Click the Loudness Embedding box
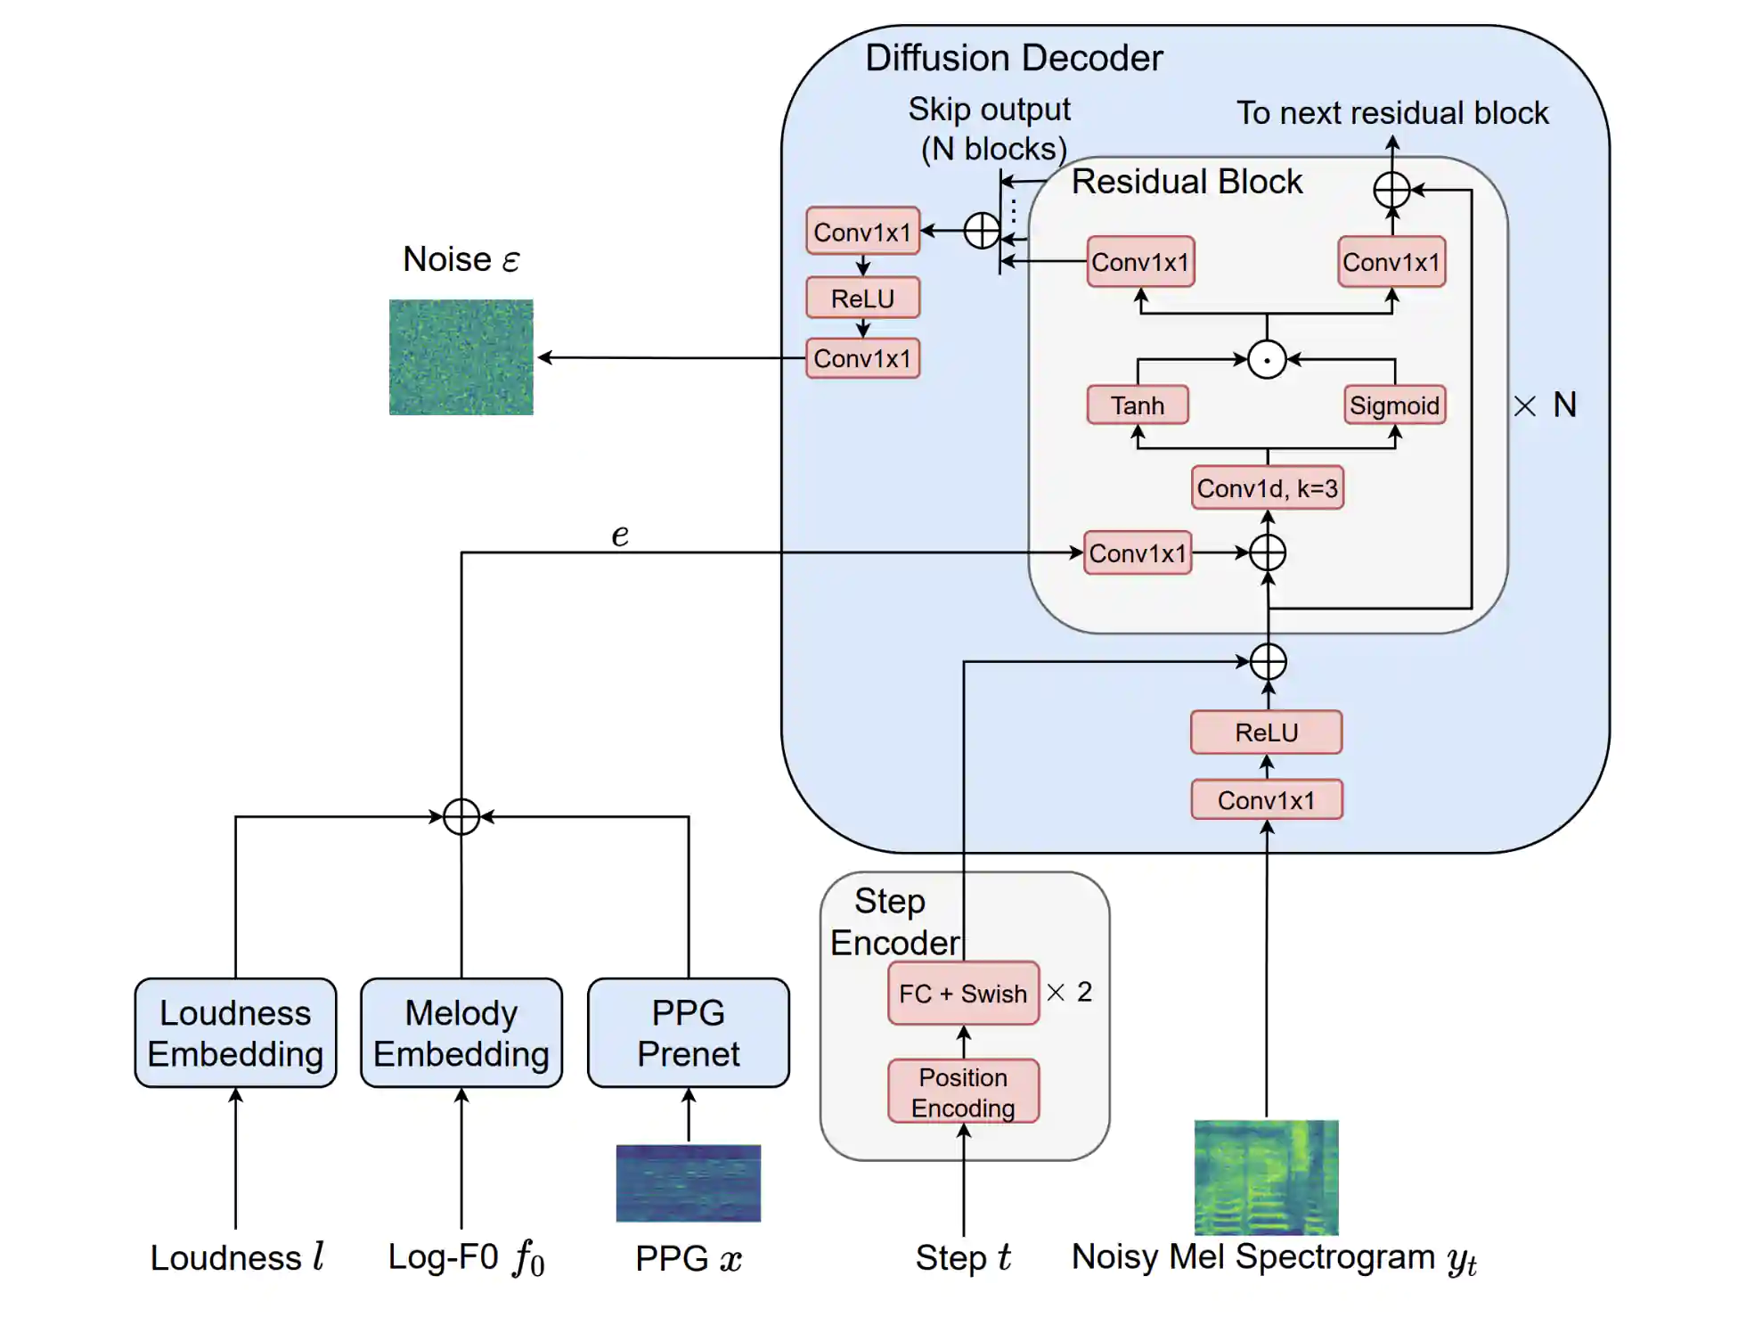tap(235, 1033)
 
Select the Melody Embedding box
tap(461, 1033)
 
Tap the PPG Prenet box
tap(688, 1033)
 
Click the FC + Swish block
tap(963, 994)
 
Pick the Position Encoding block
tap(963, 1092)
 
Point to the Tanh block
tap(1138, 405)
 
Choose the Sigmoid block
tap(1394, 405)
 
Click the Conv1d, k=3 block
tap(1267, 488)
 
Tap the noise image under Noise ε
tap(461, 357)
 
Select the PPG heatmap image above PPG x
tap(688, 1182)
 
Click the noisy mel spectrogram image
tap(1266, 1177)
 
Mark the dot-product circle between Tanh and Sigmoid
tap(1267, 360)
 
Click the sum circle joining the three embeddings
tap(461, 816)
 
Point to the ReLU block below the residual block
tap(1266, 732)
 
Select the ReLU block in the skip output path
tap(862, 299)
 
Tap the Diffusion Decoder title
tap(1014, 58)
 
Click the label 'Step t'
tap(963, 1258)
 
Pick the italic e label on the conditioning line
tap(620, 535)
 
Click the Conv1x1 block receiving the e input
tap(1138, 553)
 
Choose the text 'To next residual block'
tap(1391, 113)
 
